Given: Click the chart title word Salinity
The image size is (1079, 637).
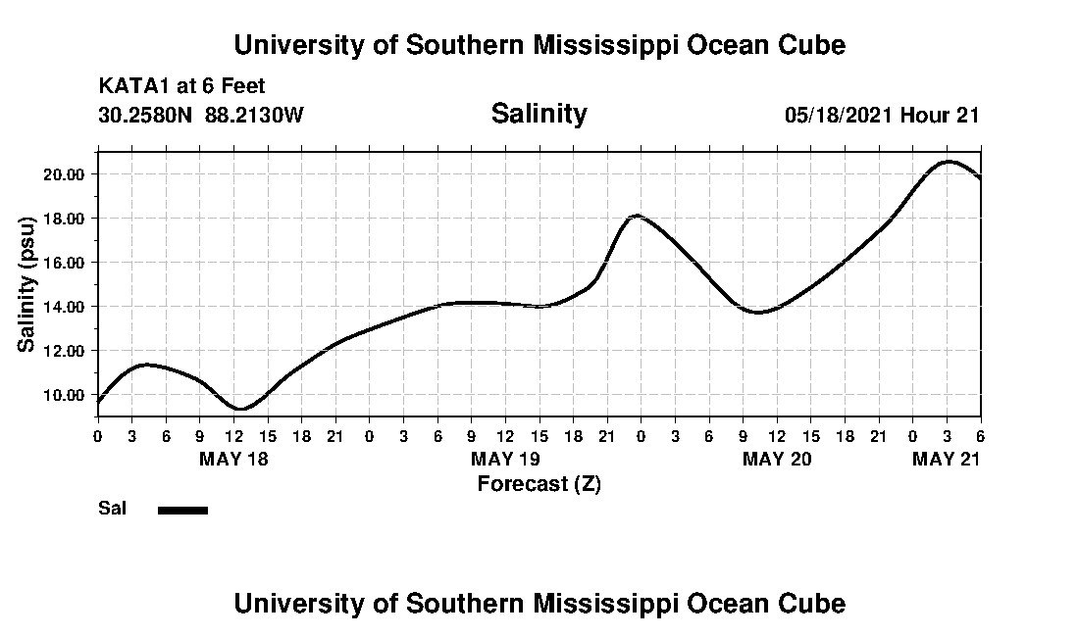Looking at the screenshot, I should tap(539, 114).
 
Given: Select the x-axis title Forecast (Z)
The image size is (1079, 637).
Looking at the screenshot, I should tap(539, 483).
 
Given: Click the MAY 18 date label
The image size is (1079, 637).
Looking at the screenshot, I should tap(233, 459).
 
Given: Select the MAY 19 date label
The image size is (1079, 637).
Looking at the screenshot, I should tap(505, 459).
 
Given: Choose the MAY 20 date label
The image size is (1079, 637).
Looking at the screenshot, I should tap(777, 459).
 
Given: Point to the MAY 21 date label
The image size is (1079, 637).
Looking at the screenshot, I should tap(947, 459).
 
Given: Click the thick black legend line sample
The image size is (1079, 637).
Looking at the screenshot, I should tap(182, 510).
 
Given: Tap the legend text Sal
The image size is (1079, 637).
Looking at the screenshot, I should tap(111, 509).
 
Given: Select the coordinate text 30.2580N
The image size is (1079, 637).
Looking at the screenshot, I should tap(146, 115).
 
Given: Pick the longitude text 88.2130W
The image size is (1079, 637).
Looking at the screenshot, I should tap(255, 115).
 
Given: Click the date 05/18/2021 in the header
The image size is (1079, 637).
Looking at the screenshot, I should tap(839, 115).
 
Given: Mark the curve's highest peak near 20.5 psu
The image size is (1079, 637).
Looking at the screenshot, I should tap(948, 162).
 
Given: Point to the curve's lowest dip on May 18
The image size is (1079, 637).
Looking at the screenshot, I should tap(241, 409).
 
